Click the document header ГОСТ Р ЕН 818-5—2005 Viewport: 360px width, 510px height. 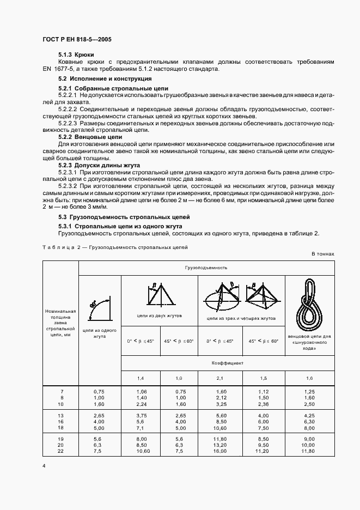[77, 40]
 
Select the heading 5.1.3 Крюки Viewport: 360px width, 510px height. [76, 55]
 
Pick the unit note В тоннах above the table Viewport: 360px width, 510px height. [322, 254]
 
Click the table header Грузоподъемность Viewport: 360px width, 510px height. [206, 268]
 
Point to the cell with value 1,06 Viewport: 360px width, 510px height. [141, 391]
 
